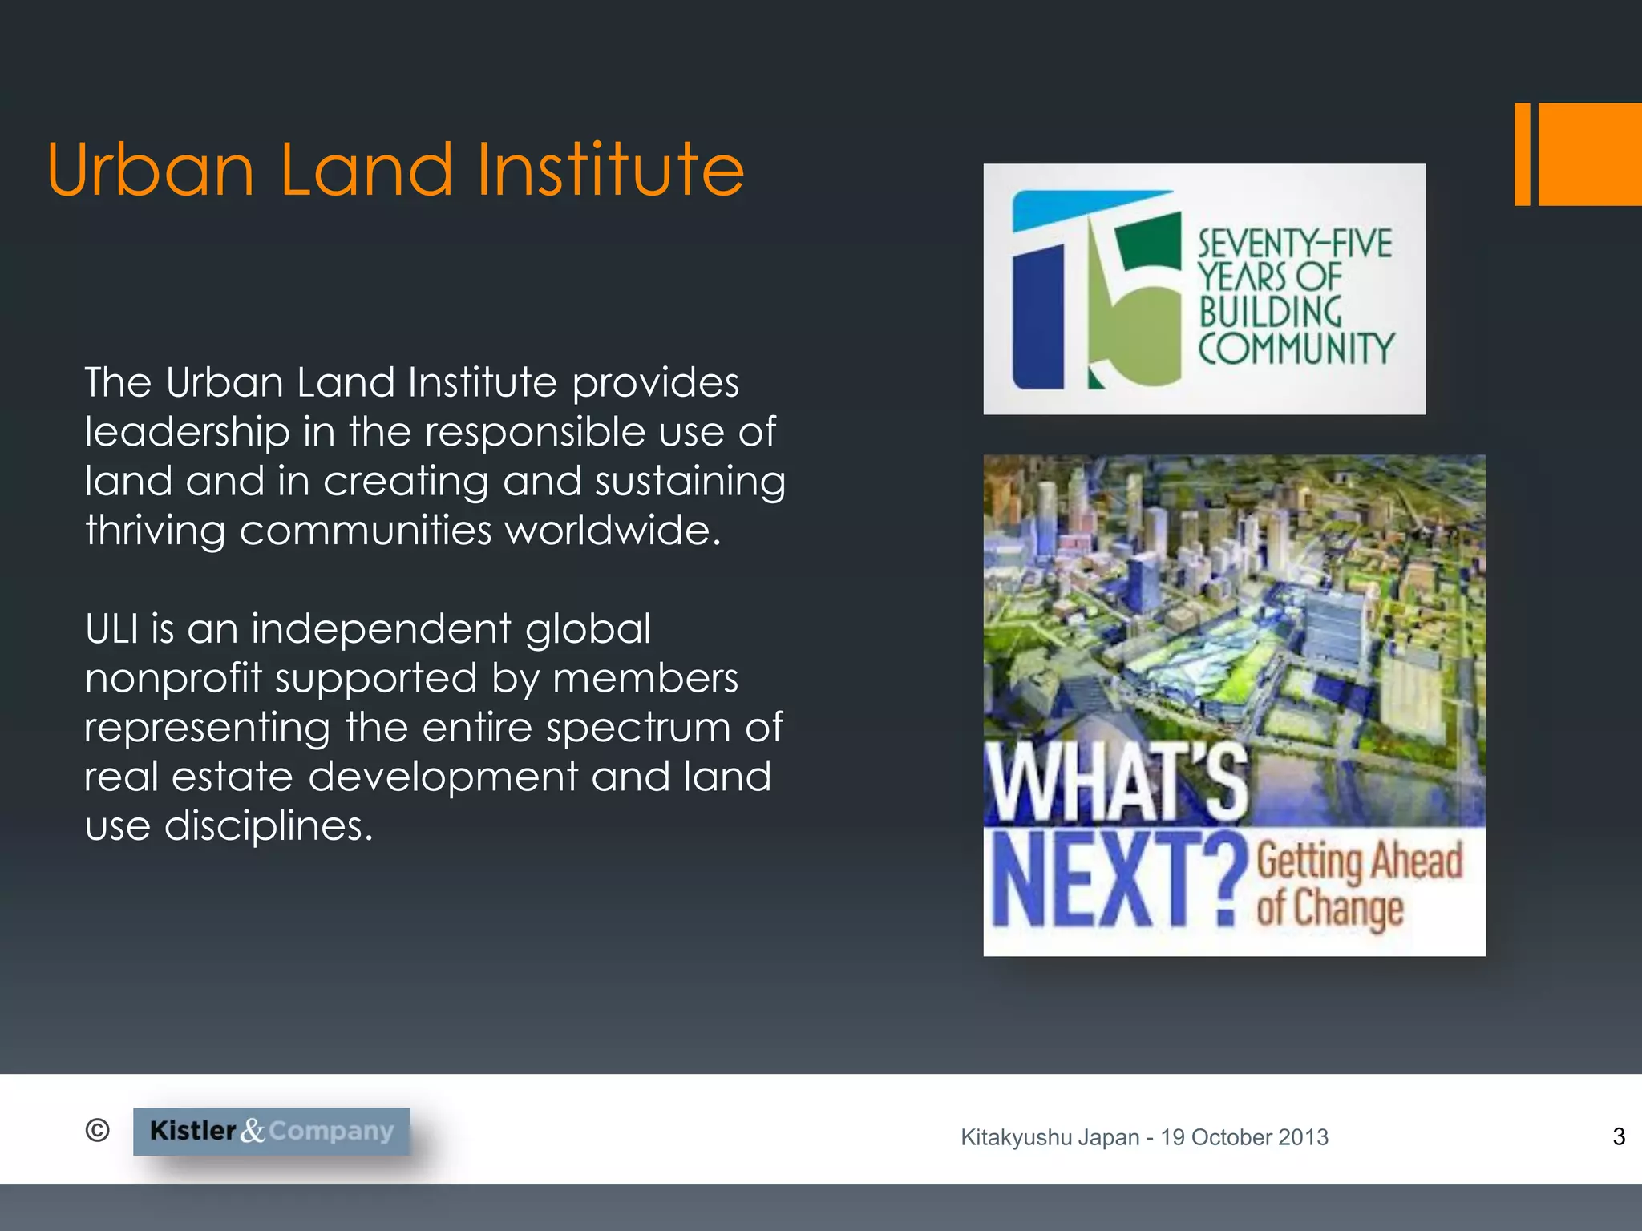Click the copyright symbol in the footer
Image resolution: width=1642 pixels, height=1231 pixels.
pos(97,1130)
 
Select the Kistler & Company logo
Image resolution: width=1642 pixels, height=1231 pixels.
pos(272,1131)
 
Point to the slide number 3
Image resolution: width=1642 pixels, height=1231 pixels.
pos(1619,1136)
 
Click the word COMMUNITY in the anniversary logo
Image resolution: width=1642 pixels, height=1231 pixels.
pos(1296,349)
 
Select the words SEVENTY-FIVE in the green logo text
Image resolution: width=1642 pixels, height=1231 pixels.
pos(1295,244)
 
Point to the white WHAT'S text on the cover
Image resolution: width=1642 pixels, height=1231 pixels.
pos(1117,783)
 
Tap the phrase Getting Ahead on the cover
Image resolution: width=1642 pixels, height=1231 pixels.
pos(1360,862)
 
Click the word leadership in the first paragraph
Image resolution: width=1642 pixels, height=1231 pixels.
pos(187,433)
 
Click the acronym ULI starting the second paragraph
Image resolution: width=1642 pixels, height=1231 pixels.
pos(117,628)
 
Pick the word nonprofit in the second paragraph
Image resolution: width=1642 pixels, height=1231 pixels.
pos(173,679)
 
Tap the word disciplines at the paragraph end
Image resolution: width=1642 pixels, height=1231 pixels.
pos(269,825)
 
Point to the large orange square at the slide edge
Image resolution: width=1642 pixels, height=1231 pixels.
pos(1589,154)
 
